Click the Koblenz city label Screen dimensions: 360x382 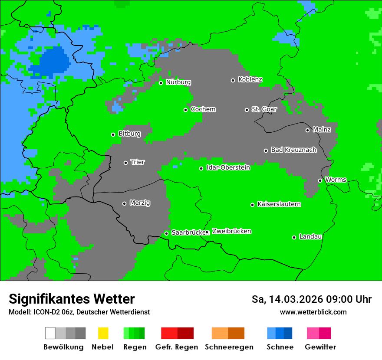[250, 80]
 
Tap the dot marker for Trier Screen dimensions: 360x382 [126, 163]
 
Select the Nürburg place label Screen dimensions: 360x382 [178, 82]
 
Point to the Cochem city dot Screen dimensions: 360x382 [186, 110]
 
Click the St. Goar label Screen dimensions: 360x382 [264, 109]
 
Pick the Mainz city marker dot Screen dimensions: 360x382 [308, 130]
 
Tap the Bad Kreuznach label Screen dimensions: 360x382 [293, 150]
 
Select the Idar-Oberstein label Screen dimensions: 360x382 [228, 168]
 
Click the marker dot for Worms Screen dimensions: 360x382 [320, 180]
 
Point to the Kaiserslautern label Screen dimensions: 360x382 [279, 204]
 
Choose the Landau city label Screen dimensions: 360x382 [310, 237]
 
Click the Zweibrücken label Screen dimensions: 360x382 [231, 232]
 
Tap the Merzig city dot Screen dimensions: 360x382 [125, 203]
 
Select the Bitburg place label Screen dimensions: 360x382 [129, 134]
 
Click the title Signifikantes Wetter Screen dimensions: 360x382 [72, 299]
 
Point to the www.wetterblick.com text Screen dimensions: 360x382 [313, 312]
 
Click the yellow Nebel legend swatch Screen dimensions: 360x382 [103, 333]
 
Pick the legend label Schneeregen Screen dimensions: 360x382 [229, 347]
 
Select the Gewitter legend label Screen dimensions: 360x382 [320, 347]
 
